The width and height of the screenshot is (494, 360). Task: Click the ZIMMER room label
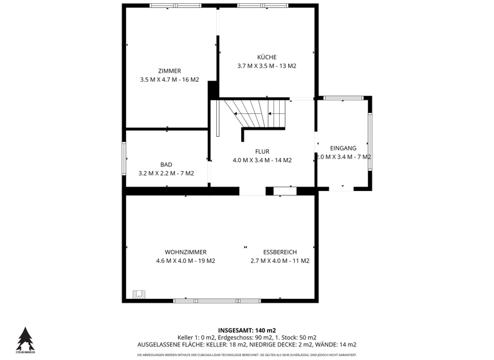(169, 71)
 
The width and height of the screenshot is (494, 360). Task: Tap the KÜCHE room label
(266, 57)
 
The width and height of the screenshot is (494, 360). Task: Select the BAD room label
(166, 165)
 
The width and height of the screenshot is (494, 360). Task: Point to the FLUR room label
(262, 152)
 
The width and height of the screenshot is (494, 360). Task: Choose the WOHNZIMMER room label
(185, 252)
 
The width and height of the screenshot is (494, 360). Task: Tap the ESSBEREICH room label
(280, 252)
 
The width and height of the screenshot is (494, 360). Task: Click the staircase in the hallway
(254, 114)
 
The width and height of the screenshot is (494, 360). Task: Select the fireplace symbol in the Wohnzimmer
(138, 294)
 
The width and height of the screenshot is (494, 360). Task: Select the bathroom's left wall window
(124, 157)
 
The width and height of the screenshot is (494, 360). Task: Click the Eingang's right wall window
(370, 142)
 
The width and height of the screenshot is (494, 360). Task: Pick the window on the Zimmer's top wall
(170, 5)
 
